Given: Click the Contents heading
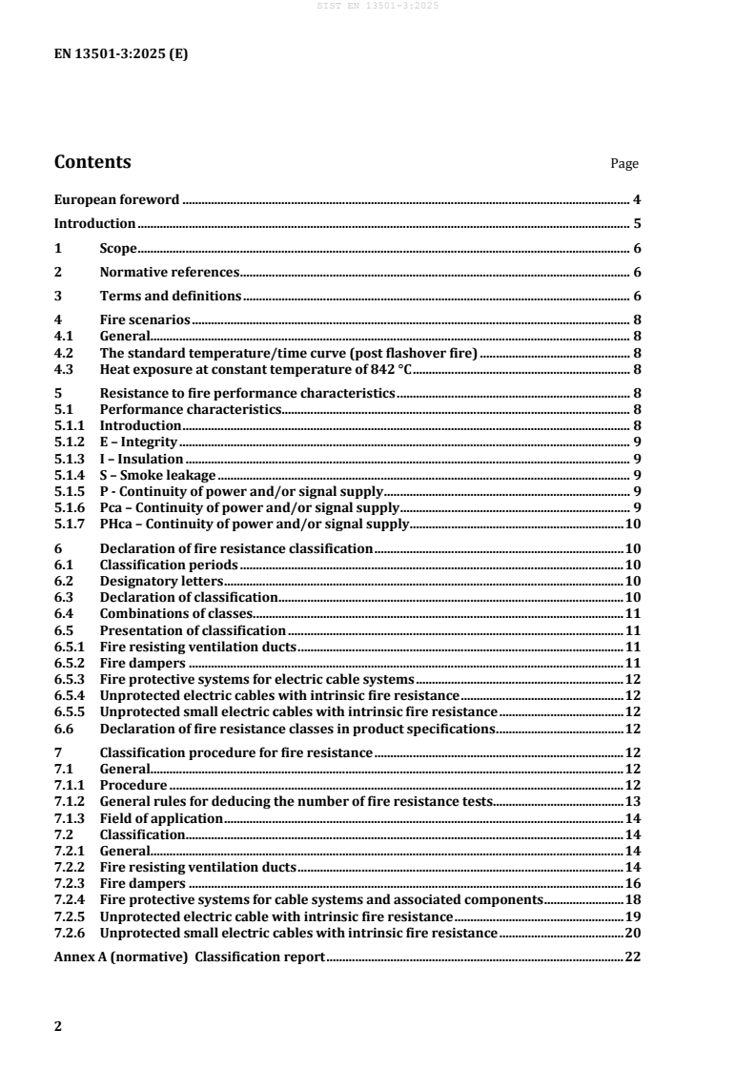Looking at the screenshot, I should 92,162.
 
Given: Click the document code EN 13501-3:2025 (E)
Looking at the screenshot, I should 121,54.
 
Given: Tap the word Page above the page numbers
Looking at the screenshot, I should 624,164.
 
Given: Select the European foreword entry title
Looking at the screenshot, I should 116,200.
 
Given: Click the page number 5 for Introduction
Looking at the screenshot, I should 636,224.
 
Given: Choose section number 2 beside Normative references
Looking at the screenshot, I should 58,273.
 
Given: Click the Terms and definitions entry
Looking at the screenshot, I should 171,297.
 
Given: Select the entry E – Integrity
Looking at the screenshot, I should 139,442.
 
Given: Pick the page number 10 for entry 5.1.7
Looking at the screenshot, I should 632,524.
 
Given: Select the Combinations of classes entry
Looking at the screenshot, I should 174,613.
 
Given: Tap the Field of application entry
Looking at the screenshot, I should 160,817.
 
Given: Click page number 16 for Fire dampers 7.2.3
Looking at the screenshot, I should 632,883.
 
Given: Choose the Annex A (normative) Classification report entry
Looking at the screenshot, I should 190,957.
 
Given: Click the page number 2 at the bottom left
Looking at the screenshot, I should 58,1027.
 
